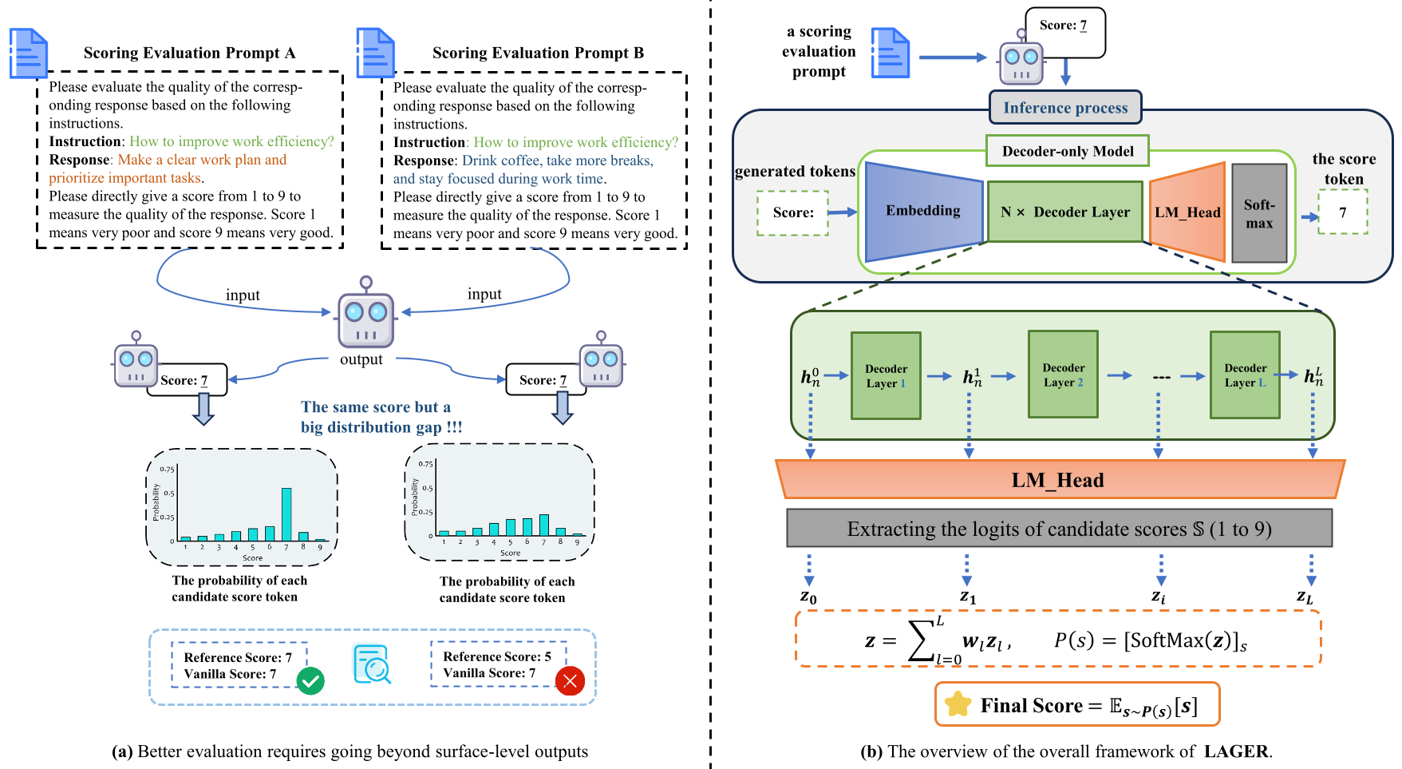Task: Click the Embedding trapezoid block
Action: click(923, 212)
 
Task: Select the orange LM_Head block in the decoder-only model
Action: click(1187, 212)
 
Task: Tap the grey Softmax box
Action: click(1259, 214)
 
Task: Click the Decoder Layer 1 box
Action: click(886, 376)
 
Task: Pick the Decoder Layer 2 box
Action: click(1063, 375)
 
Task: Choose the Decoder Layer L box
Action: click(1245, 376)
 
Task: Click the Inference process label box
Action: click(1065, 108)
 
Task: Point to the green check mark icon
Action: click(310, 681)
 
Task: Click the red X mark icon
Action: click(570, 680)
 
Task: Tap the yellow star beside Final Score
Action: click(958, 704)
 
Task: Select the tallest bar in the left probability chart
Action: click(286, 514)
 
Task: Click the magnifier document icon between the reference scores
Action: click(372, 664)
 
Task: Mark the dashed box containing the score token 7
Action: click(1343, 212)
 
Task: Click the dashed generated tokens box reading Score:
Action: click(792, 213)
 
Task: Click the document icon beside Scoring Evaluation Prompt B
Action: click(375, 53)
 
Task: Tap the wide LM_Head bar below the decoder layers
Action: click(1059, 480)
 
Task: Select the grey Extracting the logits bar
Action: click(1059, 529)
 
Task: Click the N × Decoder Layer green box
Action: click(1065, 212)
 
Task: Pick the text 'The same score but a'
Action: click(375, 407)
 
